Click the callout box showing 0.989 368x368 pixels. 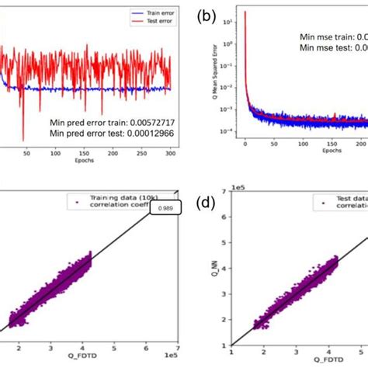tap(164, 208)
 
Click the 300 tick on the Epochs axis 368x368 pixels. tap(170, 155)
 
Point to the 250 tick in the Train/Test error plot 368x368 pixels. tap(141, 155)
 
